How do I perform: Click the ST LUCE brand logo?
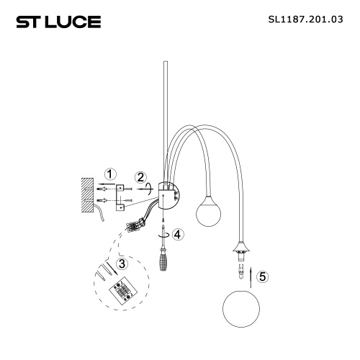click(x=58, y=22)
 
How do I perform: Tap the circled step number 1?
click(x=109, y=174)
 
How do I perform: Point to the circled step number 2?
click(x=141, y=176)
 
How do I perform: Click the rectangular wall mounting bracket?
click(x=120, y=195)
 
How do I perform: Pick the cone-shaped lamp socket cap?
click(x=239, y=251)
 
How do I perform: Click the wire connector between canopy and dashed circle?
click(x=134, y=226)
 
